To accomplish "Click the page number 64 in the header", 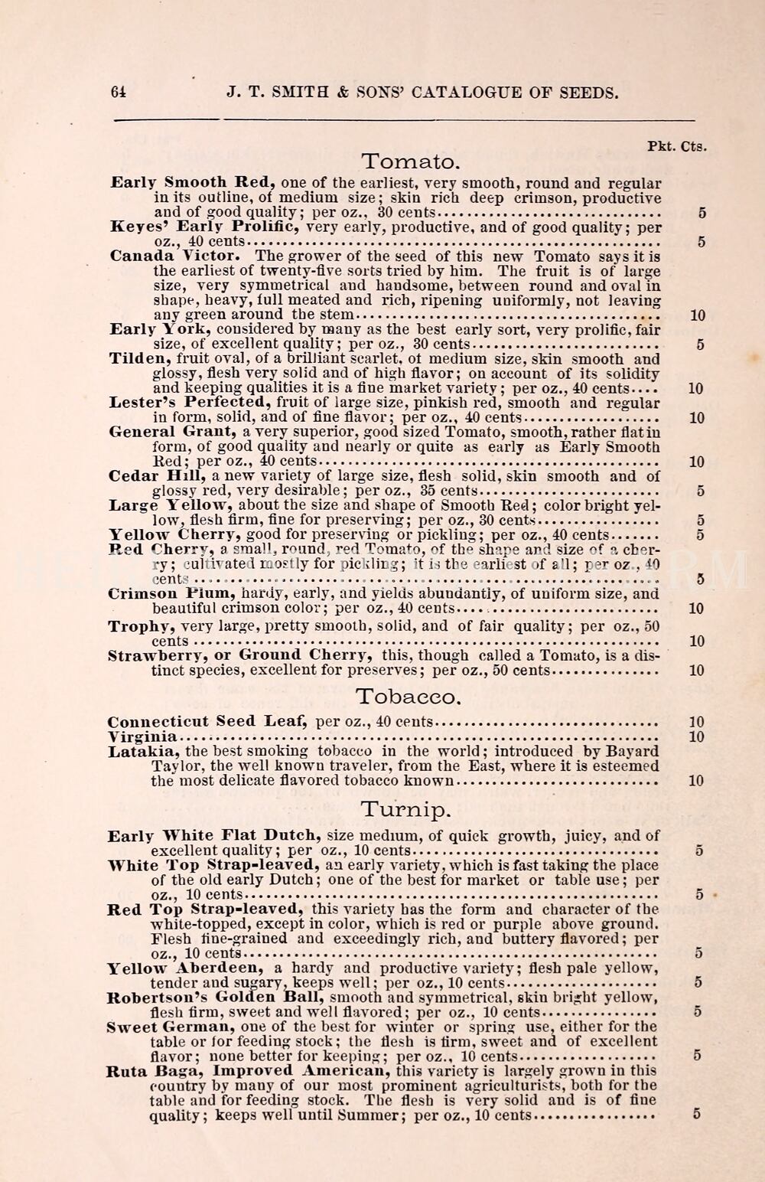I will click(x=118, y=92).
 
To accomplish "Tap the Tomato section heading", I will click(x=410, y=162).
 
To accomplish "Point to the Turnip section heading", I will click(x=405, y=809).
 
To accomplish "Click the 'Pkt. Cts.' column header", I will click(x=676, y=146).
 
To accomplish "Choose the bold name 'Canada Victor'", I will click(x=176, y=256).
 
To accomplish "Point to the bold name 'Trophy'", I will click(x=138, y=626).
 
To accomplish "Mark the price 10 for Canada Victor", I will click(x=697, y=315).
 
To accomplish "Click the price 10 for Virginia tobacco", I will click(x=696, y=737).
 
